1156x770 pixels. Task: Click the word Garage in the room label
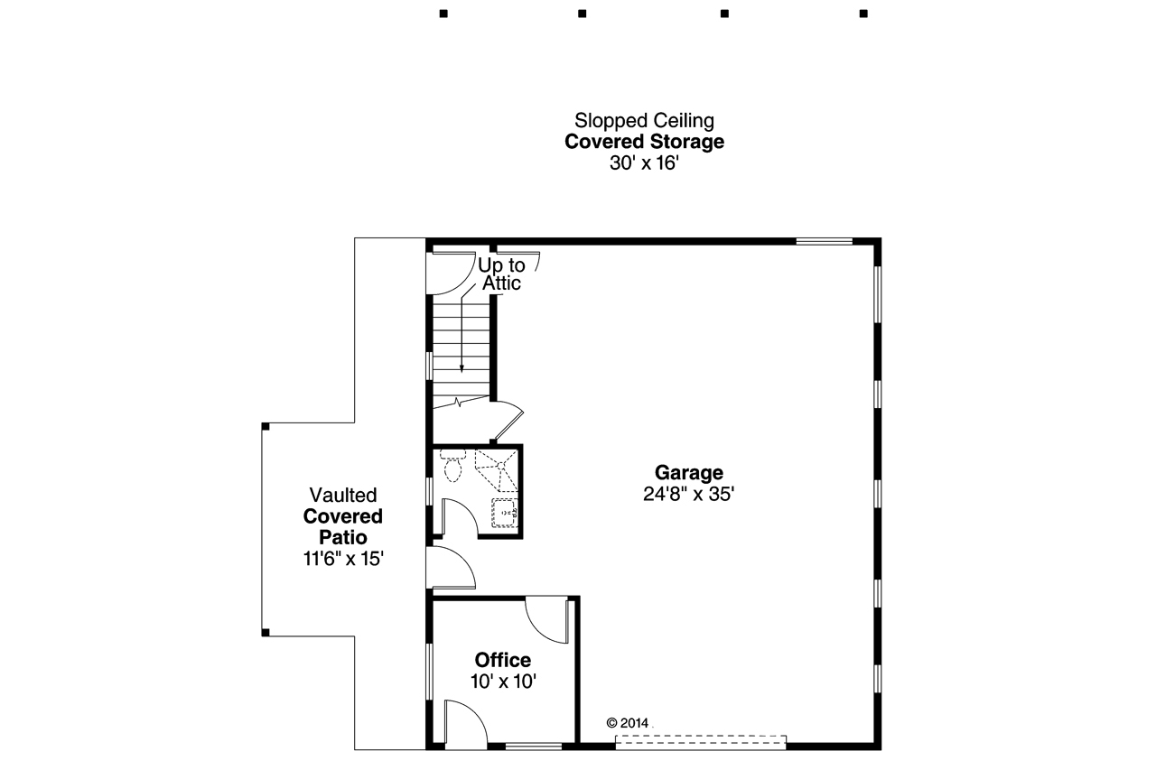[689, 472]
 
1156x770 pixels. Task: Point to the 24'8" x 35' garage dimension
[689, 494]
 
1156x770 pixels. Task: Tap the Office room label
[503, 660]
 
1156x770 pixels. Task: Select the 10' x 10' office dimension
[503, 682]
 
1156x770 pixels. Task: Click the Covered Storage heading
[644, 142]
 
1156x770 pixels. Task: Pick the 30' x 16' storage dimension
[644, 163]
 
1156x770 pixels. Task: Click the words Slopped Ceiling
[644, 120]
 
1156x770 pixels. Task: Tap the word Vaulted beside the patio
[342, 495]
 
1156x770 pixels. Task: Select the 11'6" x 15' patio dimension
[343, 559]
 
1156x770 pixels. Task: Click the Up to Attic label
[501, 274]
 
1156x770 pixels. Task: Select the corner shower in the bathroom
[499, 467]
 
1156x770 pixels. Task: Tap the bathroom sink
[504, 512]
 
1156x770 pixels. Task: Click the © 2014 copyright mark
[628, 723]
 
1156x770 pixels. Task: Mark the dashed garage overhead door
[701, 740]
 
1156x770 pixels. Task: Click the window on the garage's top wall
[824, 241]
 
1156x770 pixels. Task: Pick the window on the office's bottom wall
[533, 746]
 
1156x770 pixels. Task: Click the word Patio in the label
[342, 537]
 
